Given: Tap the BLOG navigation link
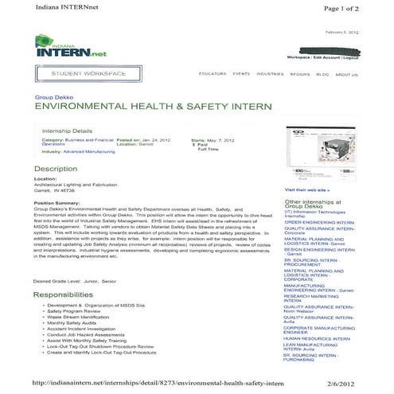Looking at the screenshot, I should tap(322, 74).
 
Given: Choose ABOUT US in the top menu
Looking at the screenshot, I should tap(346, 74).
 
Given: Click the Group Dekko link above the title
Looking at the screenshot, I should tap(50, 95).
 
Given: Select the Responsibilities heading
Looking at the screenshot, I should tap(68, 294).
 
